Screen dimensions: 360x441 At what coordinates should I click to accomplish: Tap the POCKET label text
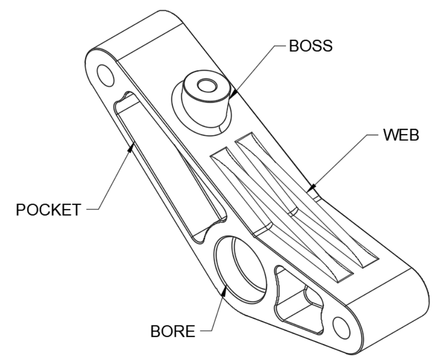48,210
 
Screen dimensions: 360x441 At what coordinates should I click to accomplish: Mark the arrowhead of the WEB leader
309,188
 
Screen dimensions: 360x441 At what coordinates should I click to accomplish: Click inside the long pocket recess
162,167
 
